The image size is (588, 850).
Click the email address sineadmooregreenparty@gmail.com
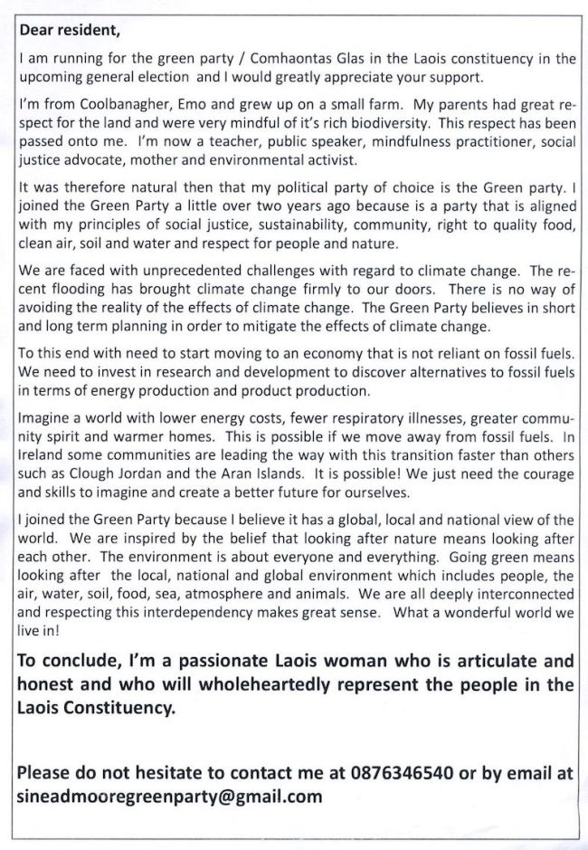[170, 797]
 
